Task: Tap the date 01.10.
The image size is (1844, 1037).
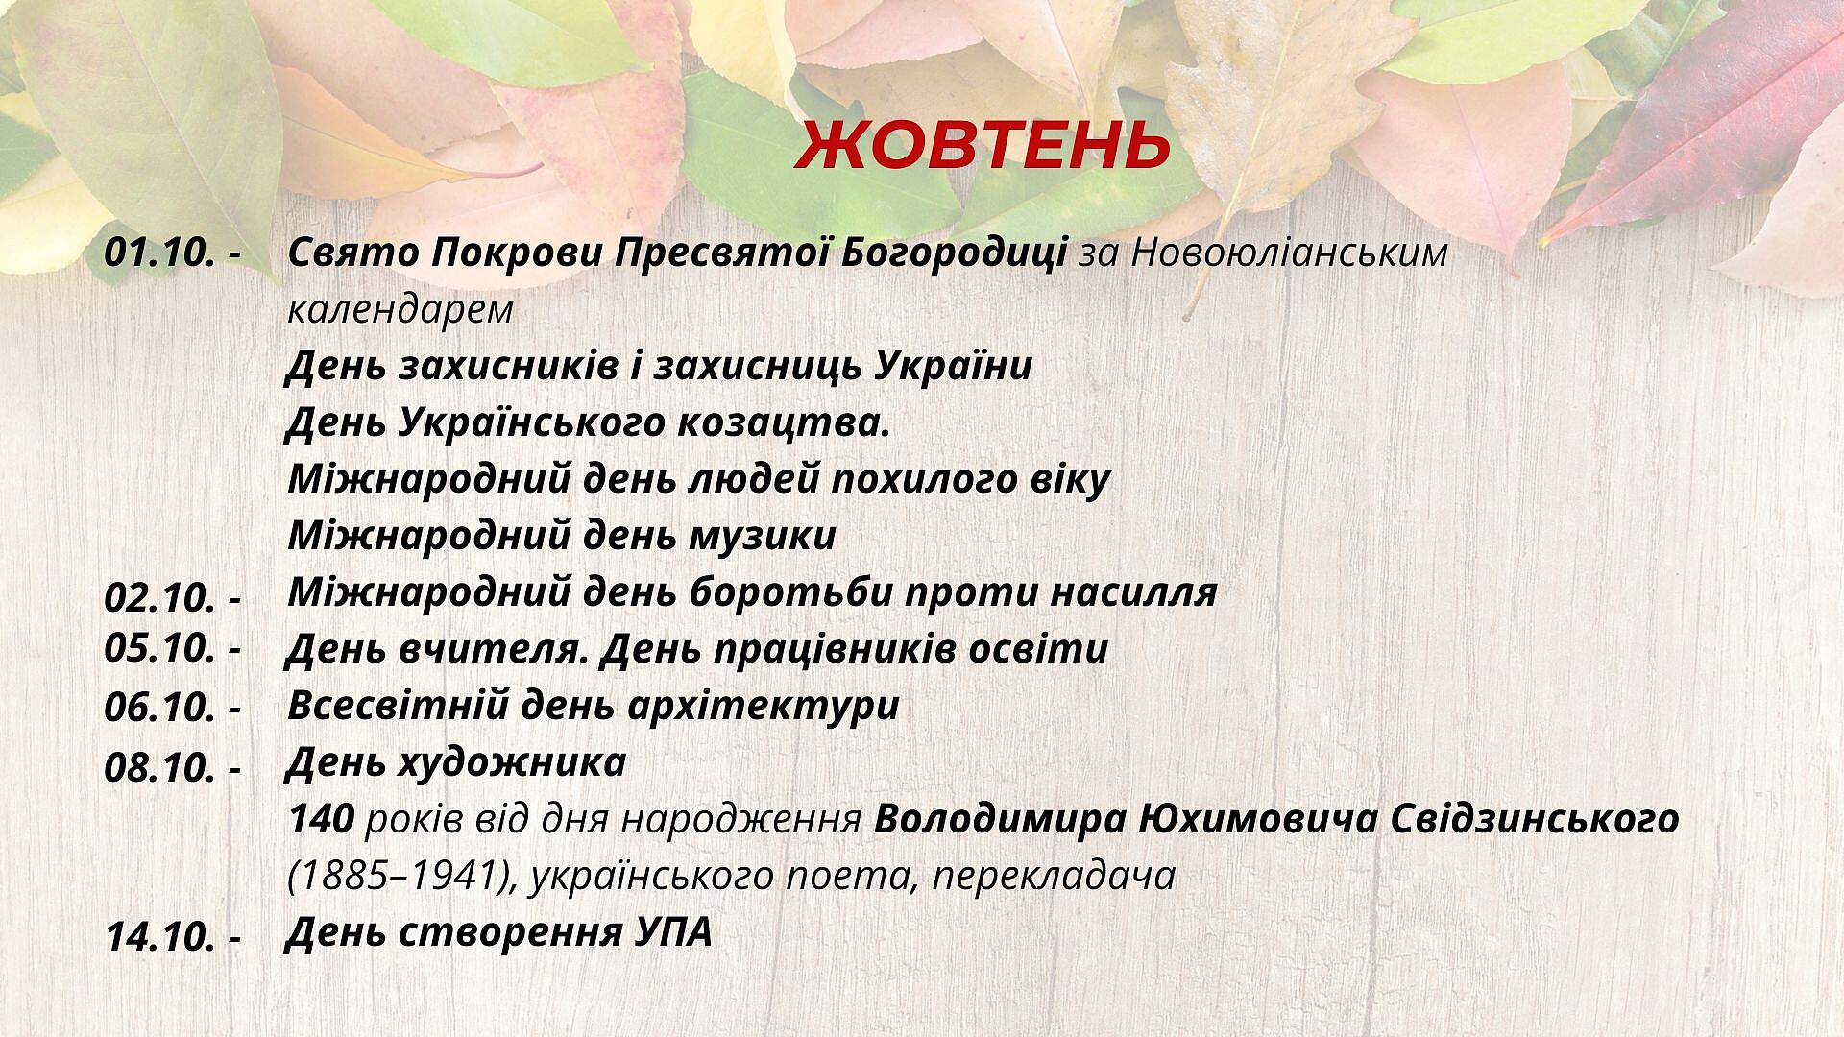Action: [x=159, y=253]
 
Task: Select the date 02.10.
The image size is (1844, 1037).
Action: [x=159, y=598]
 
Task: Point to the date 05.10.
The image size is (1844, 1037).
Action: [x=159, y=648]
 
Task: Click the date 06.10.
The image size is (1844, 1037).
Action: [x=159, y=708]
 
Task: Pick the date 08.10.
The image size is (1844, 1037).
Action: [x=159, y=768]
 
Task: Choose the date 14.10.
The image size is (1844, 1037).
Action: [x=159, y=937]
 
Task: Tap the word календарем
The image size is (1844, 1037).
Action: [x=400, y=311]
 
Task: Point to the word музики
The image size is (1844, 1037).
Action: [x=763, y=536]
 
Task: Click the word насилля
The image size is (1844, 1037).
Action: [x=1133, y=592]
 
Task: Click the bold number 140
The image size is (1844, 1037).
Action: [x=322, y=819]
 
